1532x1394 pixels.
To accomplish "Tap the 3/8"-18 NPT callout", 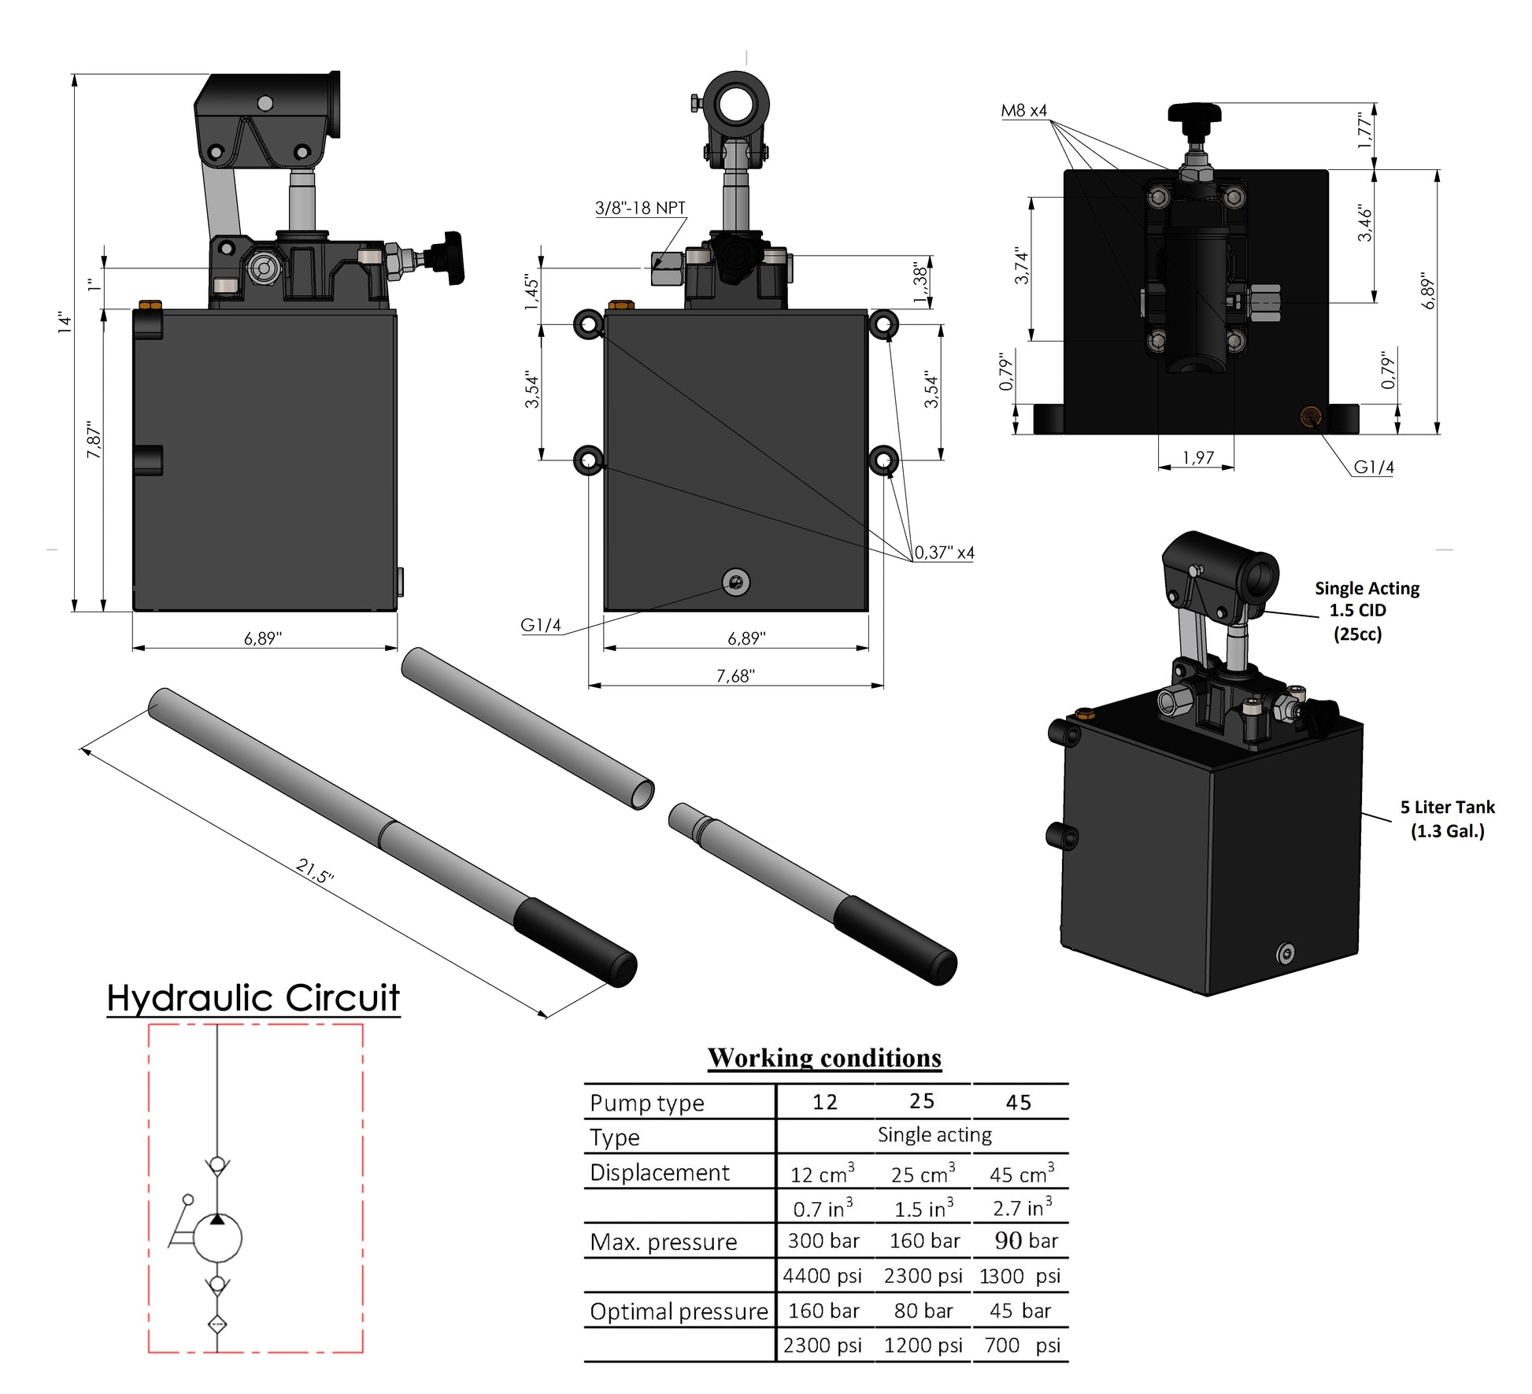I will pyautogui.click(x=639, y=208).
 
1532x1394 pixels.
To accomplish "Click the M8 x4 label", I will pyautogui.click(x=1023, y=111).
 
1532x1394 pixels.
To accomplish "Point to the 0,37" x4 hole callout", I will pyautogui.click(x=944, y=553).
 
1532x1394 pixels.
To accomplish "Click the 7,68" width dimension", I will pyautogui.click(x=735, y=675).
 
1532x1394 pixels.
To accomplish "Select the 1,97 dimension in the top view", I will pyautogui.click(x=1197, y=457).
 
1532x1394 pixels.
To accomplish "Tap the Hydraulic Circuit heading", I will pyautogui.click(x=253, y=997).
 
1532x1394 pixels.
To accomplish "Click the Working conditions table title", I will pyautogui.click(x=824, y=1058).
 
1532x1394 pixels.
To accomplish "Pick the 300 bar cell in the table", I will pyautogui.click(x=823, y=1241).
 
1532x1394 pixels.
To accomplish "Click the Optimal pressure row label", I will pyautogui.click(x=678, y=1311).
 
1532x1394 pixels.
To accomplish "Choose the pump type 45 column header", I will pyautogui.click(x=1018, y=1103).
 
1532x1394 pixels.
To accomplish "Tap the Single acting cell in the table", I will pyautogui.click(x=934, y=1135).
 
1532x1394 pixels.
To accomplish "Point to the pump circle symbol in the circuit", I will pyautogui.click(x=217, y=1238).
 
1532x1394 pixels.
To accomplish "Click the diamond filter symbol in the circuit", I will pyautogui.click(x=217, y=1325).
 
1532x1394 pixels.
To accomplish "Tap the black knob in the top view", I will pyautogui.click(x=1194, y=115).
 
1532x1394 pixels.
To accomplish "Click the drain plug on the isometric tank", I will pyautogui.click(x=1285, y=954).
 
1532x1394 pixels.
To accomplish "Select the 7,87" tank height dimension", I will pyautogui.click(x=94, y=441).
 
